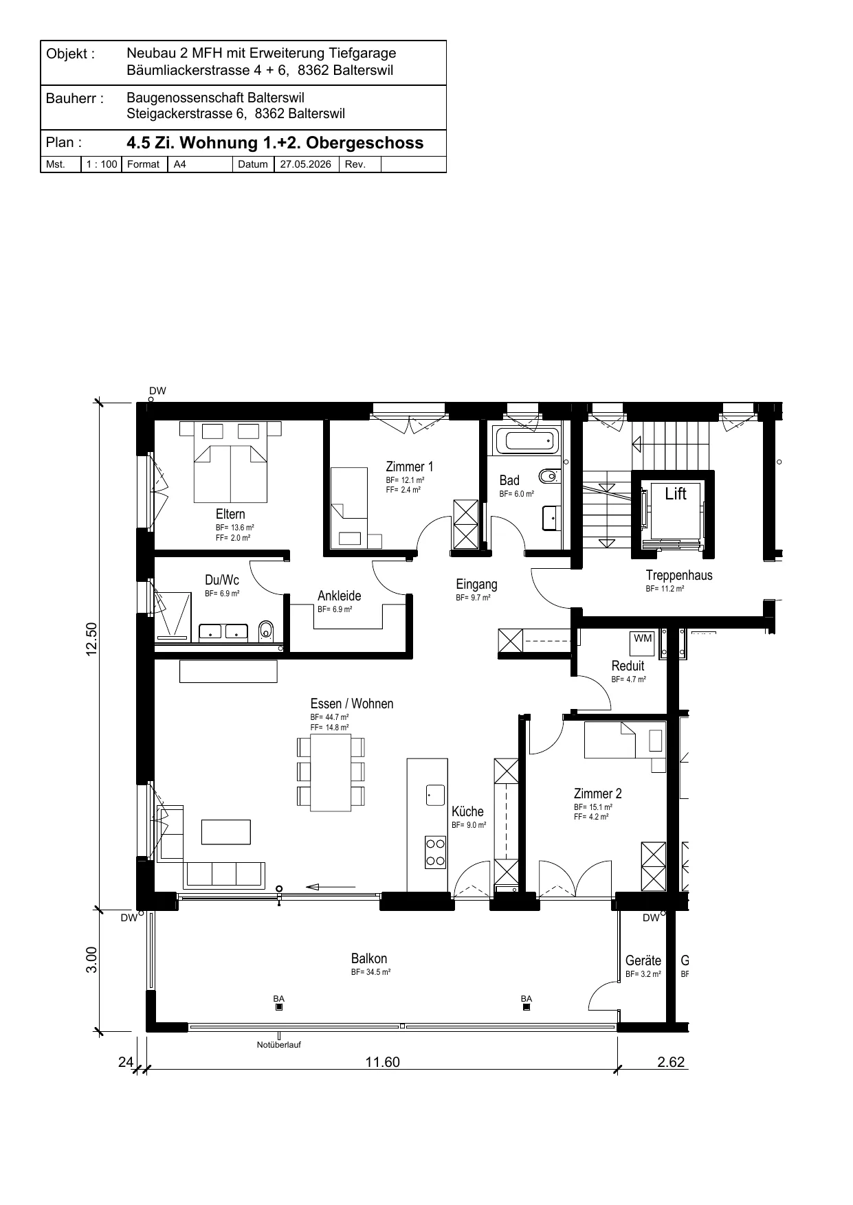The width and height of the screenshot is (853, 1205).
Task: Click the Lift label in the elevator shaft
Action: (676, 493)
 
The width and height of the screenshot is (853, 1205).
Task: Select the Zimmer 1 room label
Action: (410, 467)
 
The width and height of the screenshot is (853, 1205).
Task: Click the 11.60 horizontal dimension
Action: (382, 1061)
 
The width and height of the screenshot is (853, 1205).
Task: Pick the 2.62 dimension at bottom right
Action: (671, 1061)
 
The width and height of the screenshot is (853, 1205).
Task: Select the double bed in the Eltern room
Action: (230, 462)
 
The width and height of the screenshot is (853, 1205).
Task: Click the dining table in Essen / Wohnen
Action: (331, 772)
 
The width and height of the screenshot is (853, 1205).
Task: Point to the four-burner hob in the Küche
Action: (435, 853)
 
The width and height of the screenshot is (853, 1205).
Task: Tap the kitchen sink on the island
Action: (436, 795)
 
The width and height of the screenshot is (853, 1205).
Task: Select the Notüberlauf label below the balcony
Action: (278, 1045)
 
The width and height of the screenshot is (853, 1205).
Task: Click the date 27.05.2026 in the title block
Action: (306, 164)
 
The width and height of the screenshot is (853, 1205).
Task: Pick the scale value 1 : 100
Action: (102, 164)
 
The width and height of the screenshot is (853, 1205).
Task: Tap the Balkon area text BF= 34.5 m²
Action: (370, 973)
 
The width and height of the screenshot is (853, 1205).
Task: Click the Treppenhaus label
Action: (679, 576)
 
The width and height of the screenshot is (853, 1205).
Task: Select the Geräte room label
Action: (643, 960)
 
